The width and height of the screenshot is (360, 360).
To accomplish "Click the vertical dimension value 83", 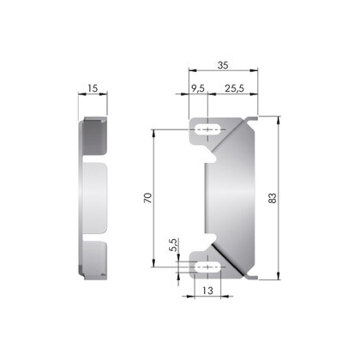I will coord(273,198).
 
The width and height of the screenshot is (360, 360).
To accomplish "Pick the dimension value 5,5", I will coord(174,246).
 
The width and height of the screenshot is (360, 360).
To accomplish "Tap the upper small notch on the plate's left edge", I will coord(207,158).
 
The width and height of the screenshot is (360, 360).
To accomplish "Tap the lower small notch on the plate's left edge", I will coord(207,237).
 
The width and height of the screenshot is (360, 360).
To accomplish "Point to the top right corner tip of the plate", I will coord(257,118).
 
